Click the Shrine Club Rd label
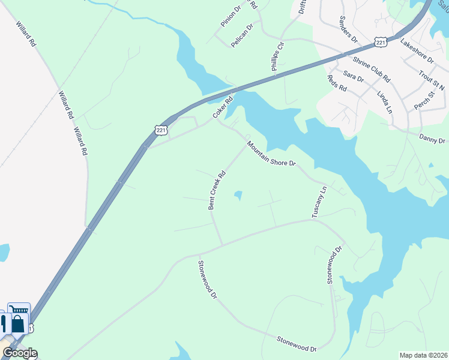372,70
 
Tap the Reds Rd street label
337,83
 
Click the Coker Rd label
221,108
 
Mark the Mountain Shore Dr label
271,154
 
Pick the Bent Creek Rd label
216,191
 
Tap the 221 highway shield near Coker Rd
160,130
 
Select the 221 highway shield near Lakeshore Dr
380,42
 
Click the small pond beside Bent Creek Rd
239,195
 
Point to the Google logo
20,353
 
